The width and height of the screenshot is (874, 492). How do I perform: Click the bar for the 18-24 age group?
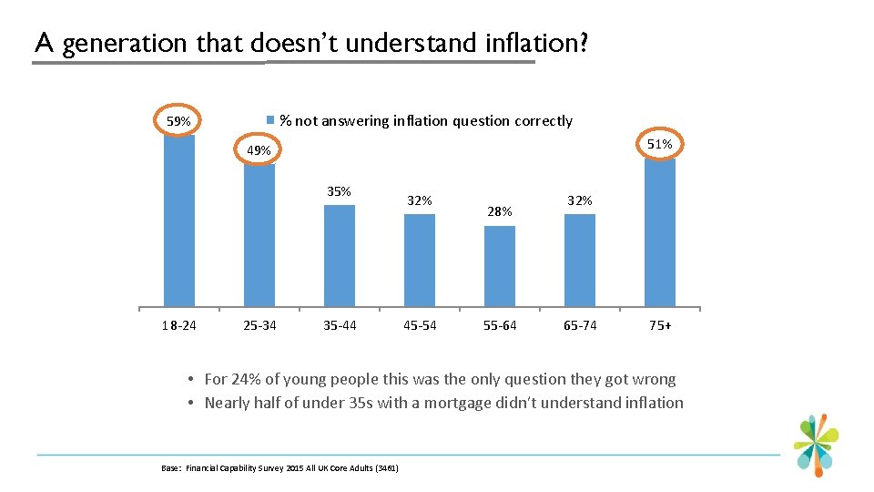[179, 219]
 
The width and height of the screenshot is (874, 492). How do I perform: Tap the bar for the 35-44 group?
[340, 255]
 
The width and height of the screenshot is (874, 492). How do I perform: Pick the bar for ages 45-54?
[420, 260]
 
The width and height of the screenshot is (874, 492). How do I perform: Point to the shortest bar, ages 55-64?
[500, 265]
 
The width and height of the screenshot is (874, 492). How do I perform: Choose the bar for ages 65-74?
[580, 260]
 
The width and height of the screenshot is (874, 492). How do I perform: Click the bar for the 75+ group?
[660, 232]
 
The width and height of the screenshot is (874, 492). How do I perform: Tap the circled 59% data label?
[178, 121]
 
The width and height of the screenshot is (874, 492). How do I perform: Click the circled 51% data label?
[659, 144]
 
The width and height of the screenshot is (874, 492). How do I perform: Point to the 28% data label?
[500, 211]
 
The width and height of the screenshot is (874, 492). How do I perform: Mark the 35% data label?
[339, 191]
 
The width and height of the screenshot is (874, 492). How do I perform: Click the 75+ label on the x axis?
[660, 325]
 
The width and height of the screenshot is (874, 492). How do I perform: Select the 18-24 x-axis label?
[179, 325]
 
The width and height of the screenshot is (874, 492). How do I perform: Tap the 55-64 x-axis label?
[500, 325]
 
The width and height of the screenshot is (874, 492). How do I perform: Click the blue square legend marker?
[269, 120]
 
